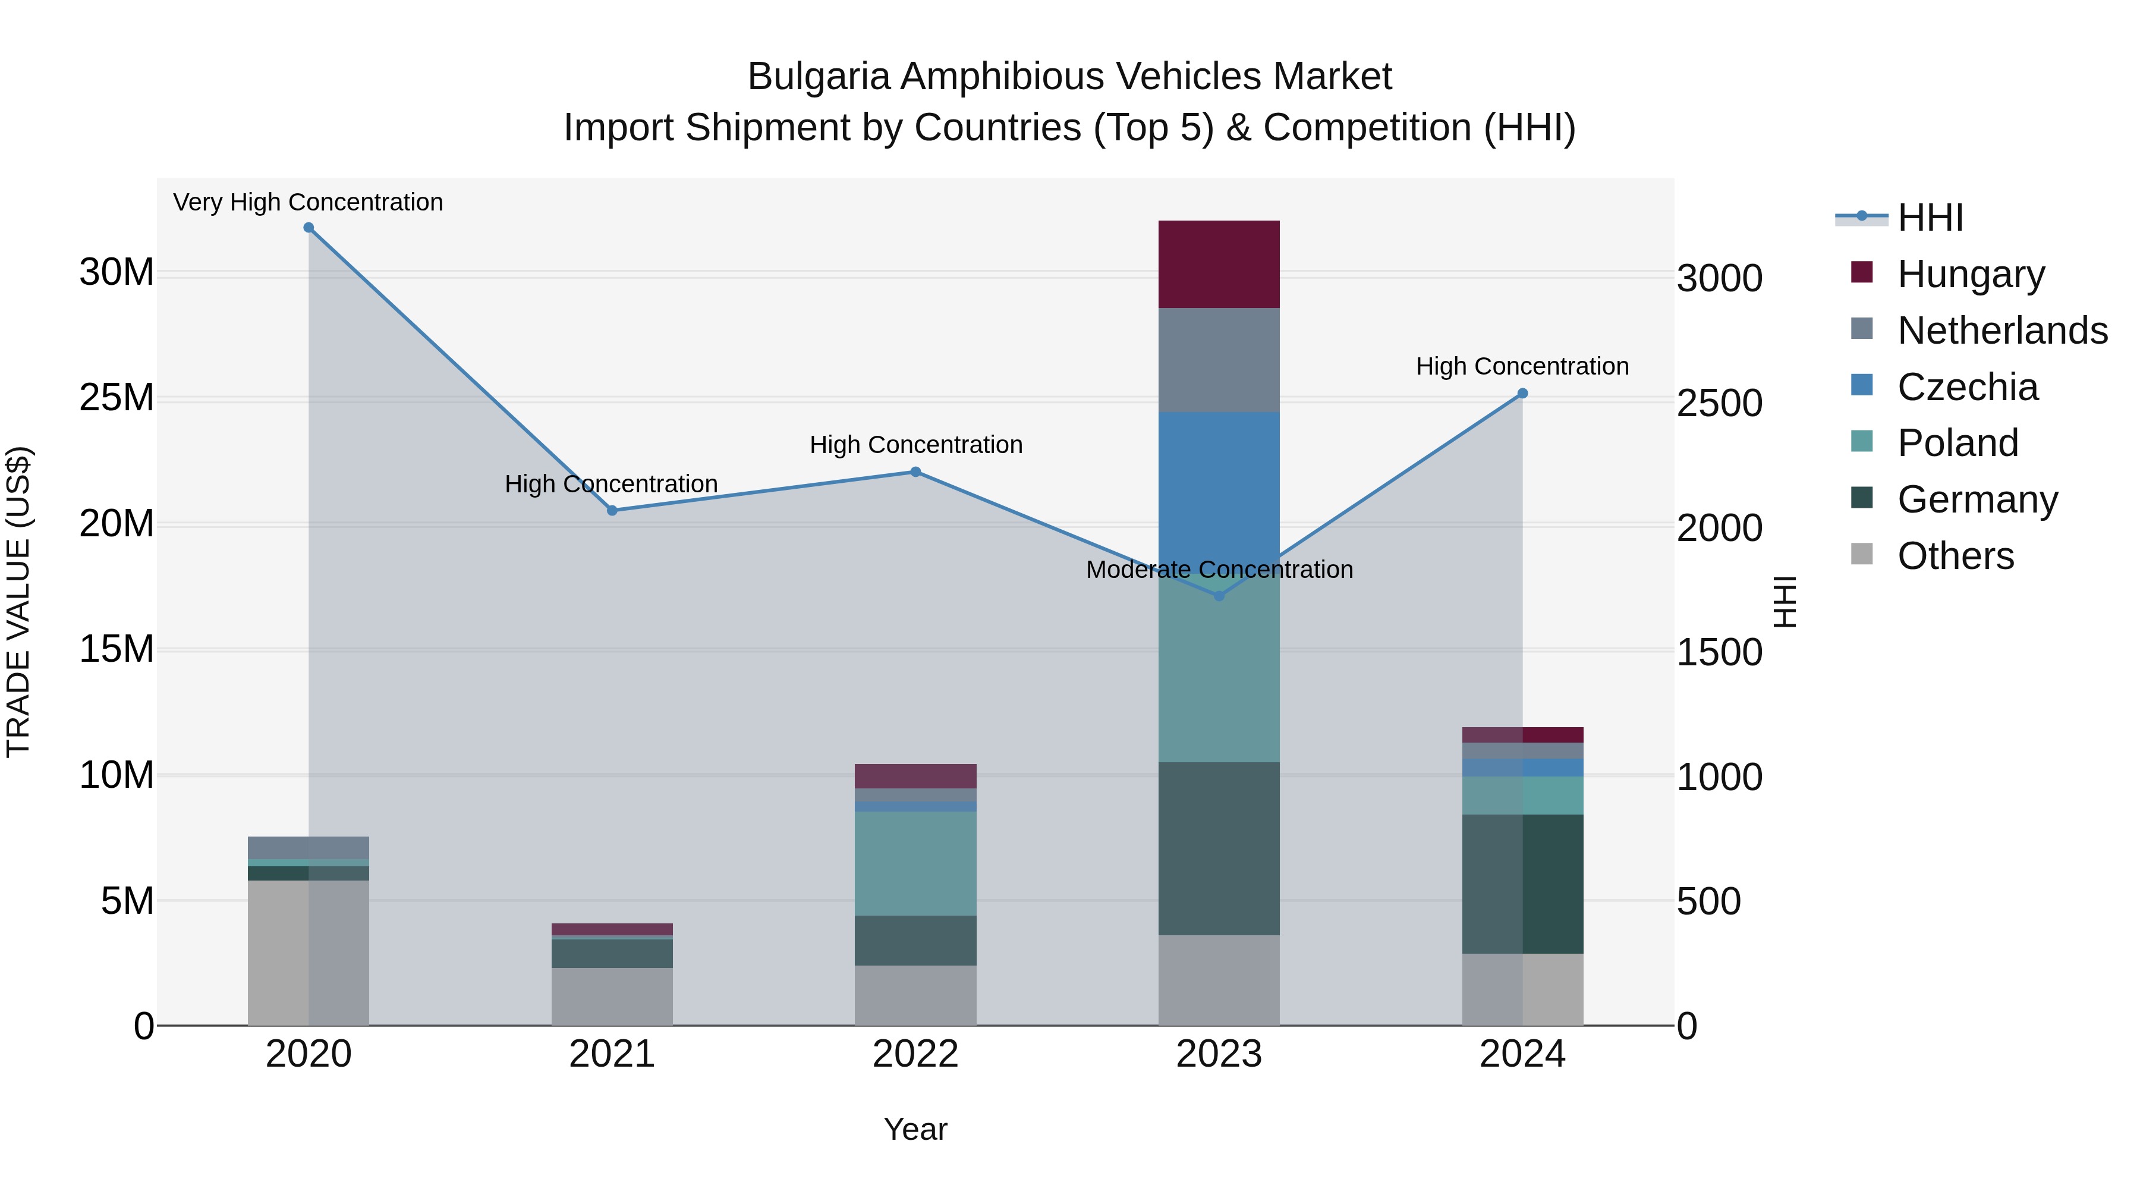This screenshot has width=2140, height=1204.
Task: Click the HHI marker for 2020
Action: click(x=308, y=228)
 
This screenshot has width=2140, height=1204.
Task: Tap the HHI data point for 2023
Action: click(x=1219, y=596)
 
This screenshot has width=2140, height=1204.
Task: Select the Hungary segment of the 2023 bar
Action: click(x=1219, y=264)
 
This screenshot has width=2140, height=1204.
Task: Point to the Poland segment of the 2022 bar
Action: click(x=915, y=863)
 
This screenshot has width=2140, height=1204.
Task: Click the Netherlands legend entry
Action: click(x=2002, y=331)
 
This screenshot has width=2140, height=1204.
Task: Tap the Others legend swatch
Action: click(x=1862, y=554)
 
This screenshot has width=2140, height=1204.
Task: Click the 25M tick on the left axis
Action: click(x=117, y=398)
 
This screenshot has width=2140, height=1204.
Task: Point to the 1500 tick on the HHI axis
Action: click(x=1719, y=653)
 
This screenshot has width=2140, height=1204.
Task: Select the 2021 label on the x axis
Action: click(x=612, y=1054)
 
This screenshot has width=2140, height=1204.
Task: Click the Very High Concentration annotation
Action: click(x=308, y=202)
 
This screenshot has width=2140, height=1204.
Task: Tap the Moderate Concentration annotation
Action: click(x=1219, y=570)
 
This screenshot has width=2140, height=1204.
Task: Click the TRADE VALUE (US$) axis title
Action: click(x=19, y=602)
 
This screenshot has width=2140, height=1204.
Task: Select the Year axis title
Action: click(x=915, y=1129)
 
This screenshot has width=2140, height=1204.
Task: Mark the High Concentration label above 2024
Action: click(x=1522, y=366)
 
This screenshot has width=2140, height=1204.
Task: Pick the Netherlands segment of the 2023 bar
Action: click(x=1219, y=360)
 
